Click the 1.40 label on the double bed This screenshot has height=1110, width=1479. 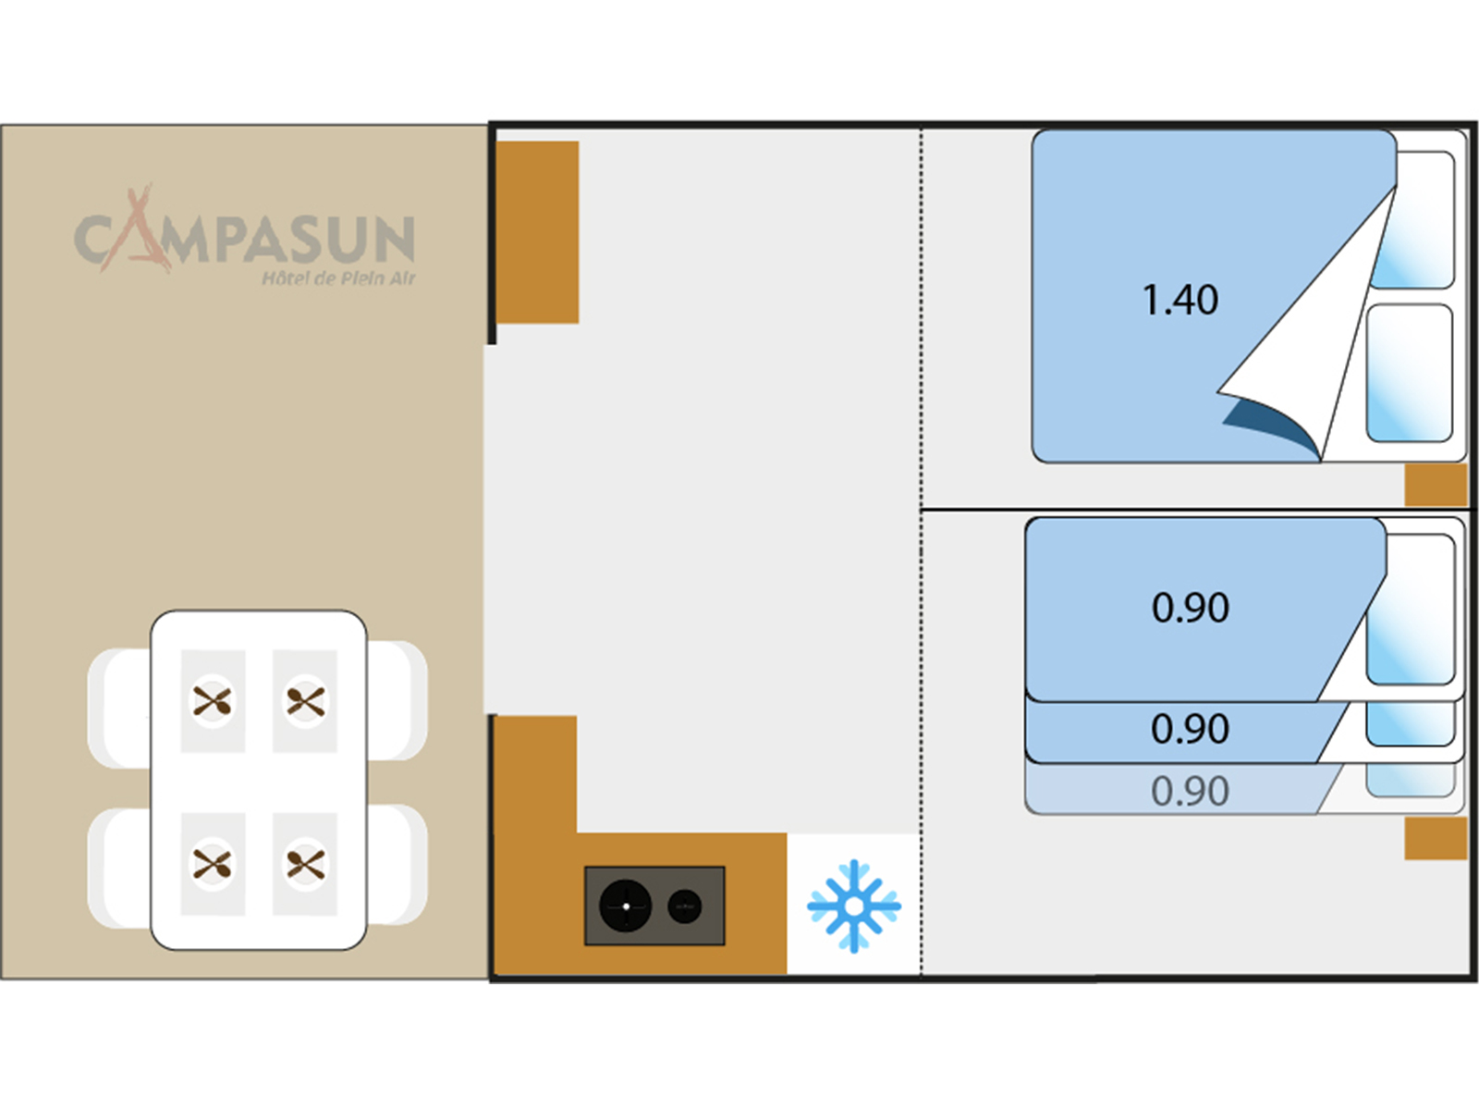(1180, 301)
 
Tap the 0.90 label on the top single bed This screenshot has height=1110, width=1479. (1191, 609)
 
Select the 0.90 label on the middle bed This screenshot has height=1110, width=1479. (1190, 730)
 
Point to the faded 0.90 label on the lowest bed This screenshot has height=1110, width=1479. (1190, 792)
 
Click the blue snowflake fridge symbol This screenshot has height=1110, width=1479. (853, 906)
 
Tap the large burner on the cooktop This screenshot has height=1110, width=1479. (625, 906)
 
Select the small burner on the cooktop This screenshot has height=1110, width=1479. (684, 906)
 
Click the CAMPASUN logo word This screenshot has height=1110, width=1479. (245, 239)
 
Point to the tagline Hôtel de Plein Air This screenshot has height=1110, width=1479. (338, 278)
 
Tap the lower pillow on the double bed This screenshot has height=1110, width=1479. (1410, 373)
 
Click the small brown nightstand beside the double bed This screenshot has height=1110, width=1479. (1436, 485)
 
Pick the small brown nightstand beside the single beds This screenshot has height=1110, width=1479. (1436, 838)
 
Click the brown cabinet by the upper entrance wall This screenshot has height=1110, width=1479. (538, 231)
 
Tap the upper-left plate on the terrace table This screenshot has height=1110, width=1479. (213, 701)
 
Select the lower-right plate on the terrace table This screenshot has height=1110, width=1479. (305, 865)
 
